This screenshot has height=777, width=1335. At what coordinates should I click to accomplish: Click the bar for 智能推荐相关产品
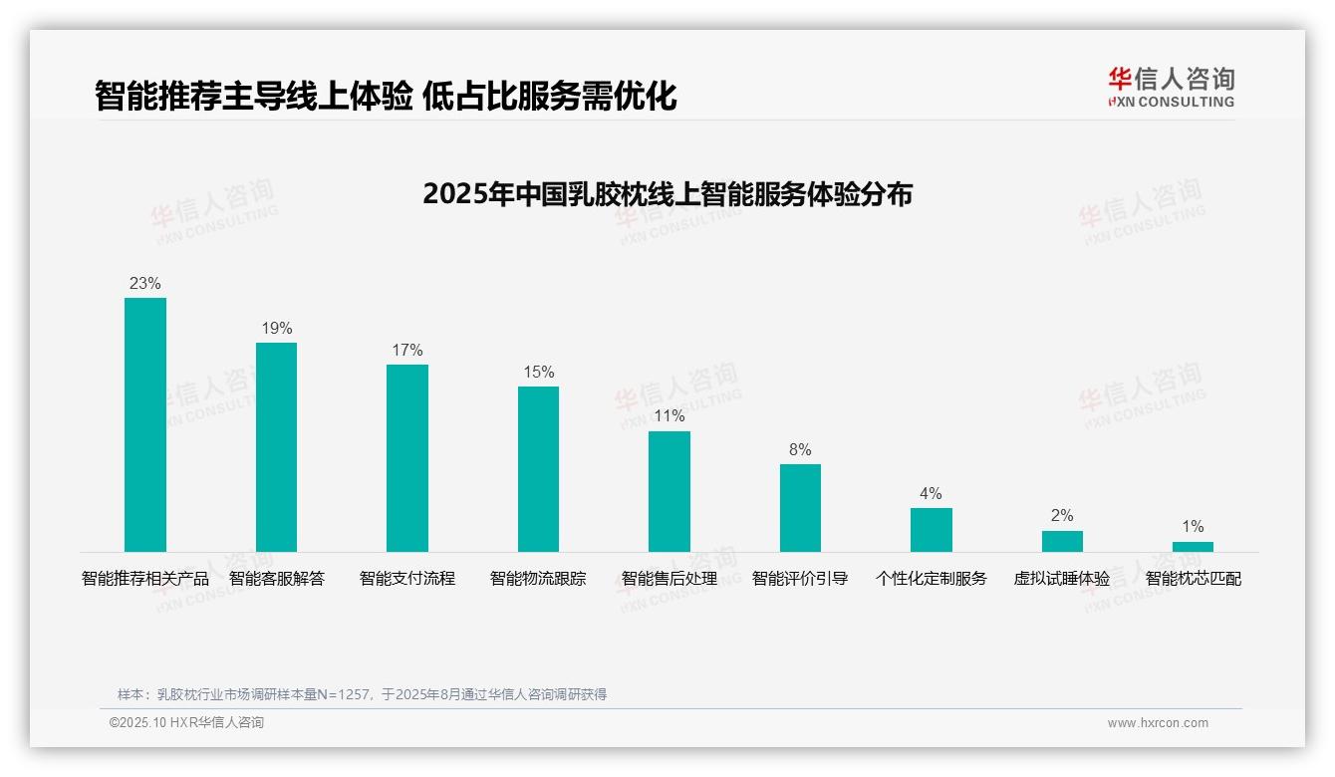click(x=145, y=424)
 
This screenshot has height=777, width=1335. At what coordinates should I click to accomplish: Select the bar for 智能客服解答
click(x=276, y=447)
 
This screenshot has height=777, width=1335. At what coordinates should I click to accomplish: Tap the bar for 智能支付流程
click(x=407, y=458)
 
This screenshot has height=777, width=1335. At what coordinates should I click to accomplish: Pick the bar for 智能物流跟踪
click(x=538, y=469)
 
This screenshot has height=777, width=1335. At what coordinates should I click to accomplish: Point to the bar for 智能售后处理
click(x=669, y=491)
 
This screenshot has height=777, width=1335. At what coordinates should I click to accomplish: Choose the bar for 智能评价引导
click(x=800, y=508)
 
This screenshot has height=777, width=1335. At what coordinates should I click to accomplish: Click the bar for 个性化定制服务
click(x=932, y=530)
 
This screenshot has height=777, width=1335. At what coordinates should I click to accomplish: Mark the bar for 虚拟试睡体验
click(x=1062, y=541)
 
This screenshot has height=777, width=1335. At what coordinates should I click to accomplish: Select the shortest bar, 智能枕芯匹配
click(x=1193, y=547)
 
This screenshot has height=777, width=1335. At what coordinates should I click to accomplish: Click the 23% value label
click(x=145, y=283)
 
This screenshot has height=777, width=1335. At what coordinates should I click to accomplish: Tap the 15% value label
click(x=538, y=372)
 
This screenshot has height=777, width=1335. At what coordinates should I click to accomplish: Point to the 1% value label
click(x=1193, y=526)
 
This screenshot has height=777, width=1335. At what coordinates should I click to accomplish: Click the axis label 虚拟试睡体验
click(x=1062, y=578)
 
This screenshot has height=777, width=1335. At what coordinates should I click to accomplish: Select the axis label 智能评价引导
click(x=800, y=578)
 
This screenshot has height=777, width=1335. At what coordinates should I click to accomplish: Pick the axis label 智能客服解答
click(x=276, y=578)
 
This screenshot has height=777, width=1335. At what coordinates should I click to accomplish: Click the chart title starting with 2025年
click(x=667, y=193)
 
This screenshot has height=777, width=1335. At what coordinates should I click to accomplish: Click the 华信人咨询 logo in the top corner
click(x=1171, y=87)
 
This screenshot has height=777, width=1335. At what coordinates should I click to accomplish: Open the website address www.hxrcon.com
click(x=1158, y=723)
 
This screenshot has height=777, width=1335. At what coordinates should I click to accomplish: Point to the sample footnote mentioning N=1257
click(x=362, y=694)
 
